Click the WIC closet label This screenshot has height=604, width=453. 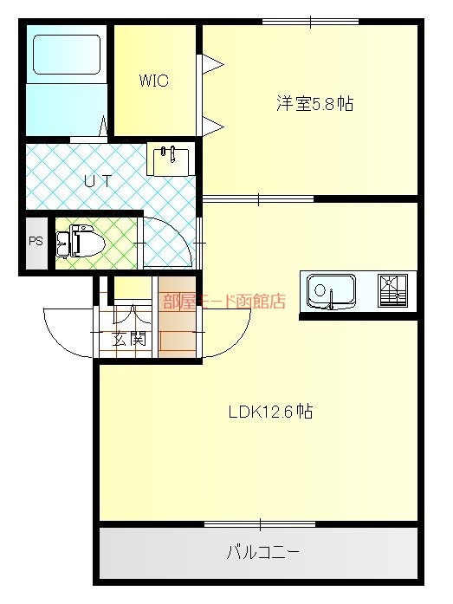153,81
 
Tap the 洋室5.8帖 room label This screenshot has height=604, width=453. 314,104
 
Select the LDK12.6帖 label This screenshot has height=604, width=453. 270,412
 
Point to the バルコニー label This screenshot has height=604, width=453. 262,553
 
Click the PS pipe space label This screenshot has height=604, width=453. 36,242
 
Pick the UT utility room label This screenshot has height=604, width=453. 98,180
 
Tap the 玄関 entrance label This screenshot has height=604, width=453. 129,339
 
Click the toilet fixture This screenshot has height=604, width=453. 81,242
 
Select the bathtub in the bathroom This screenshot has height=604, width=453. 67,55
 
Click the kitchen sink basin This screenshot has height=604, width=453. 332,291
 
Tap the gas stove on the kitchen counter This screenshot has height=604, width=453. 392,290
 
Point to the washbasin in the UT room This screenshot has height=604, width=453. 170,161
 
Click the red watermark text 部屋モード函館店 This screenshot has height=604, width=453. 224,302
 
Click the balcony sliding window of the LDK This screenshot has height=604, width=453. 260,524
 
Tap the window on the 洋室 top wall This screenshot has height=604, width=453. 310,22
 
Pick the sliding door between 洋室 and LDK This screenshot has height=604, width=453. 258,198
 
